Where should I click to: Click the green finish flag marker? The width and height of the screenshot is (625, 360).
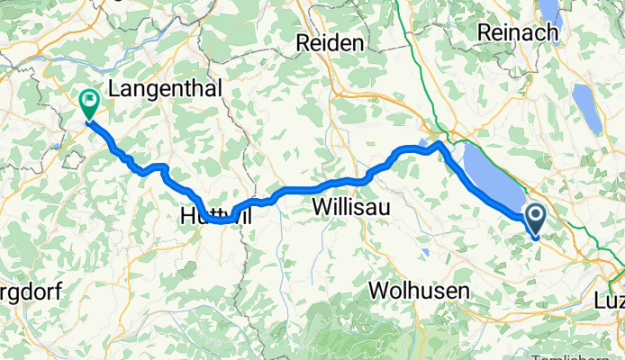click(x=89, y=103)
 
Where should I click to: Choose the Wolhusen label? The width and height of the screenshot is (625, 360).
click(x=420, y=291)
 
